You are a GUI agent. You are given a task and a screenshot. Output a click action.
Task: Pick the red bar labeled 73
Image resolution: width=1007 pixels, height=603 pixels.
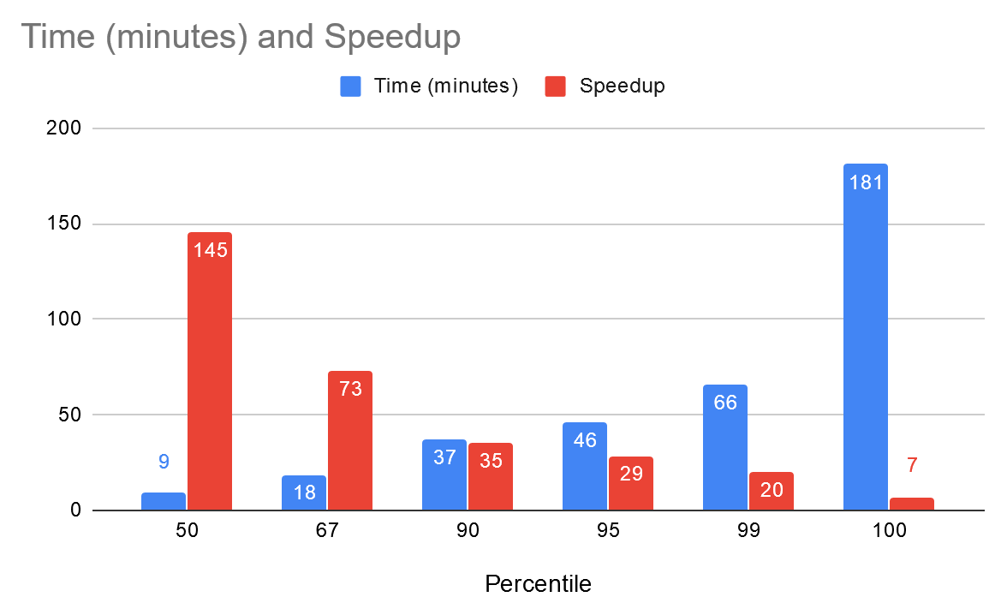(x=350, y=440)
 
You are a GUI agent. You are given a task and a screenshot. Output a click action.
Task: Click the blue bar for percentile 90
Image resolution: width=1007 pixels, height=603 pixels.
(x=444, y=475)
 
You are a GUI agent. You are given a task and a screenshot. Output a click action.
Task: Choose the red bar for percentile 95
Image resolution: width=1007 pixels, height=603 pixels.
(x=631, y=483)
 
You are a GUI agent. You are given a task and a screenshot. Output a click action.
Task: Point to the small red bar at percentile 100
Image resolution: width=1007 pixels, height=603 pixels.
(x=912, y=504)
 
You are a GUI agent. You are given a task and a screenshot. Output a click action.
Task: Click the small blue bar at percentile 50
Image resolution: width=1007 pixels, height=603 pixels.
(x=163, y=501)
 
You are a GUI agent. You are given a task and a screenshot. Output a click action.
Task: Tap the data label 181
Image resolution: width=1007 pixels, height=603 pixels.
(x=865, y=182)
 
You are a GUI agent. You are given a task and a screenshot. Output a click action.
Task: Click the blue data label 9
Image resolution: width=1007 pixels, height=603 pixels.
(x=163, y=462)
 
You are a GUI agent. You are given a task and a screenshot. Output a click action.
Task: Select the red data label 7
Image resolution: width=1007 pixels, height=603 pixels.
(x=912, y=466)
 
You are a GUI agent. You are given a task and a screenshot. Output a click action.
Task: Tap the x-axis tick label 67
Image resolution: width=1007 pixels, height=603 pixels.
(x=327, y=530)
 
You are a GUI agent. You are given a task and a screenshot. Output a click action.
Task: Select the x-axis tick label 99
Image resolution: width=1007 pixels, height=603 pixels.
(x=748, y=530)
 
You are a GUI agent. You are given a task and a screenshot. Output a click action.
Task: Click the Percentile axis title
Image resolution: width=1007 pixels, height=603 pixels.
(x=538, y=584)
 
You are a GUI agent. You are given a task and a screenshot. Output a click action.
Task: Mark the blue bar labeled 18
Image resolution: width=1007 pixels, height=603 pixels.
(x=303, y=493)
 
